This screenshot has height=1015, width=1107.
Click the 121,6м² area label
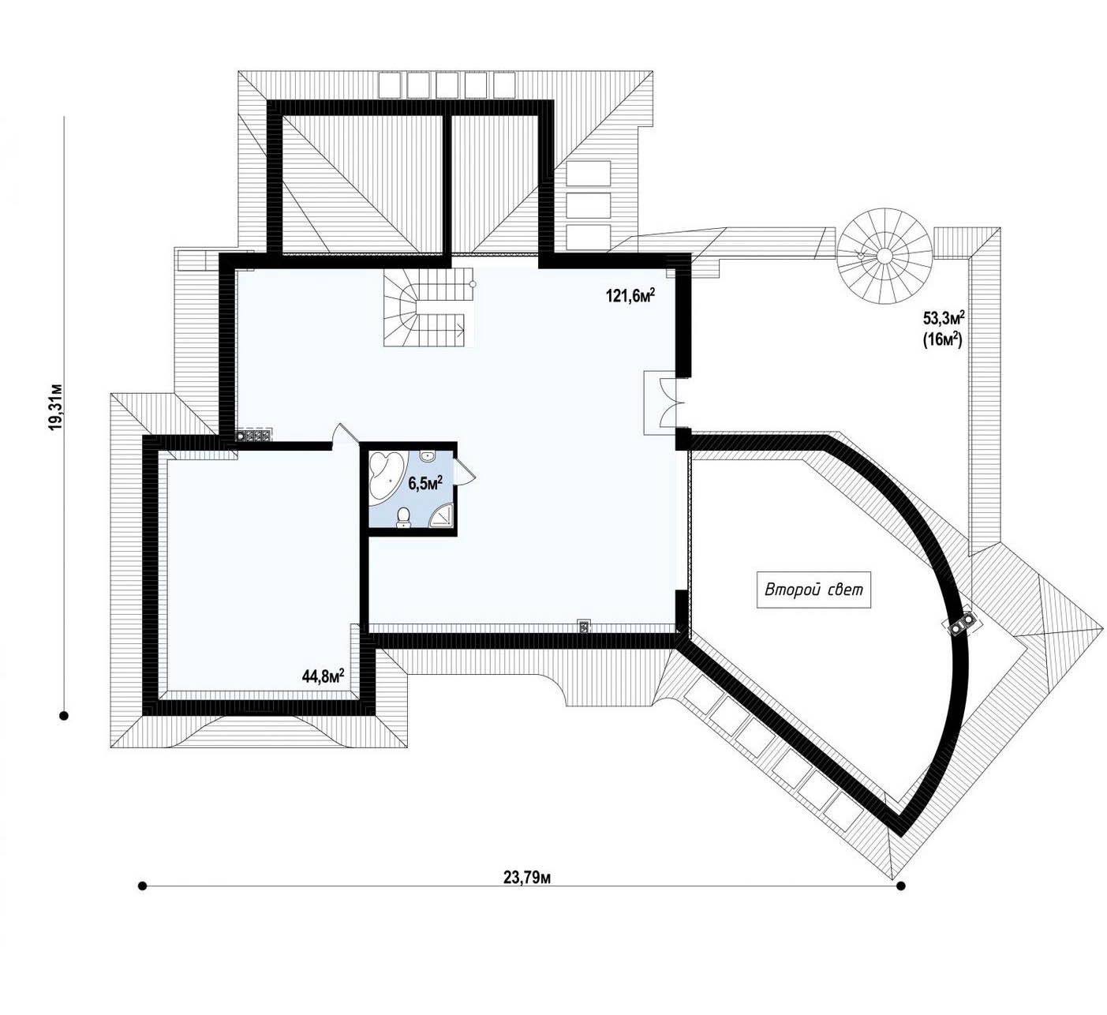630,295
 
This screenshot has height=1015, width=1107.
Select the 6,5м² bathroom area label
425,484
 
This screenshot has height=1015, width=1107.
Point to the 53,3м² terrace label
944,317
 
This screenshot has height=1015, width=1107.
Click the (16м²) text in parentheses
943,340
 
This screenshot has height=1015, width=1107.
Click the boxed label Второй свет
813,590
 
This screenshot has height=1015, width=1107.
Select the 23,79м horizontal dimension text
527,878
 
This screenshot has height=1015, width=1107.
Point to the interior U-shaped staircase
428,307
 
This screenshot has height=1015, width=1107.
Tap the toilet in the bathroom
404,518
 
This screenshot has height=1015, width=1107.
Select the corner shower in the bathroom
443,515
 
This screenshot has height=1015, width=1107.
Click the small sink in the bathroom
428,455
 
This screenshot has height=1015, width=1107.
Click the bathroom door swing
463,467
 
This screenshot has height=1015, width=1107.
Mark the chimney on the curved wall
959,624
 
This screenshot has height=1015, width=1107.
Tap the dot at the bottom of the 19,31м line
64,716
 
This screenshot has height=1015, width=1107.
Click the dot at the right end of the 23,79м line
901,886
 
